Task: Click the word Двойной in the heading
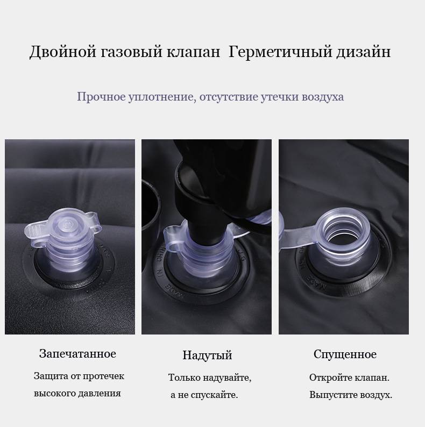[62, 52]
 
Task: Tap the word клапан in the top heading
[193, 52]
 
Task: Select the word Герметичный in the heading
[280, 52]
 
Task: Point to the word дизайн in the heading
[364, 52]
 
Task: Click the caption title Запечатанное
[77, 354]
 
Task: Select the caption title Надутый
[207, 355]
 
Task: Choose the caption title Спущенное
[345, 354]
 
